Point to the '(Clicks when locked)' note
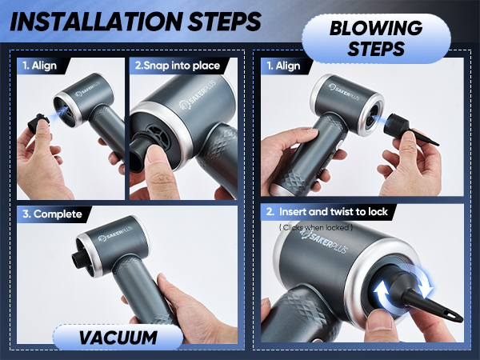pyautogui.click(x=314, y=228)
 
